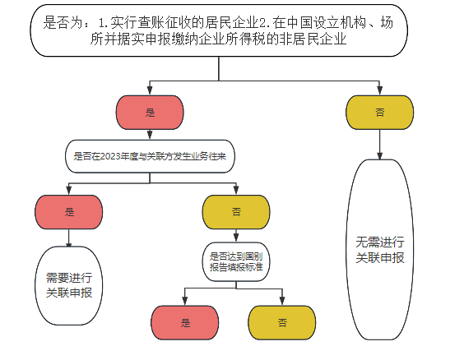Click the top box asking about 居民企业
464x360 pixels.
[219, 30]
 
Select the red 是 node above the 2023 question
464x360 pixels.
[150, 113]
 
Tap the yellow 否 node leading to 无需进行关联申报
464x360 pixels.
[379, 113]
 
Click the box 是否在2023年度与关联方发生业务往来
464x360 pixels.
[150, 156]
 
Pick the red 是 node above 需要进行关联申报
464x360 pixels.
[69, 212]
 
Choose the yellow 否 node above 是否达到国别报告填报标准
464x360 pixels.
[236, 212]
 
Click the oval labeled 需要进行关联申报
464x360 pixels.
[69, 285]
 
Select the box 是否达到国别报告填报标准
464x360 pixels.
[236, 261]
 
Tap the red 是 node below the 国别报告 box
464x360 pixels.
[185, 322]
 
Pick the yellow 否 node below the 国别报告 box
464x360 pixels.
[282, 322]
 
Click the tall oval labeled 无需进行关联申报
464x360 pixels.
[379, 250]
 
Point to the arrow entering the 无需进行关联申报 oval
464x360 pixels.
[379, 145]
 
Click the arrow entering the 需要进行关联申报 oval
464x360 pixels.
[69, 238]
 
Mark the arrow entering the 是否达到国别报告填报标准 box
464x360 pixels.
[236, 236]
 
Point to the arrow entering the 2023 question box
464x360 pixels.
[150, 135]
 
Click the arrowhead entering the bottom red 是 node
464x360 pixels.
[185, 301]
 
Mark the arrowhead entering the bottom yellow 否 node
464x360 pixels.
[282, 301]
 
